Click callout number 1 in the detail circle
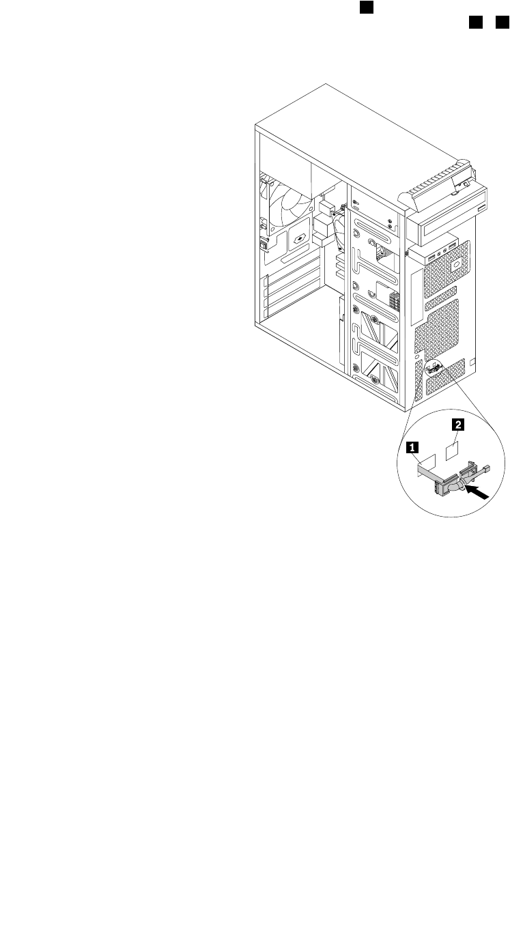[x=411, y=448]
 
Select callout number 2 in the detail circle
[x=457, y=425]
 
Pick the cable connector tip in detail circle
[x=486, y=468]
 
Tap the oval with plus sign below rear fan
[x=299, y=240]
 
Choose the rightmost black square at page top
[x=501, y=24]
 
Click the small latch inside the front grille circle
[x=433, y=371]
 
